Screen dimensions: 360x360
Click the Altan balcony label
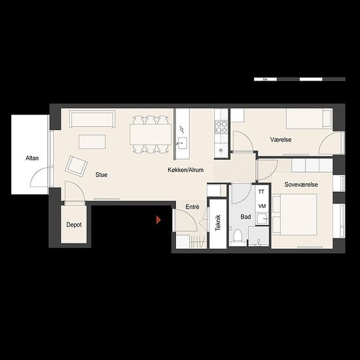click(x=32, y=158)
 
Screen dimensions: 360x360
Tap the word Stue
click(x=101, y=175)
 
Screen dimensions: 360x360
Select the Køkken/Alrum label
click(x=185, y=170)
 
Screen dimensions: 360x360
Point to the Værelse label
click(x=281, y=139)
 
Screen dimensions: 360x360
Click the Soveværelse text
click(x=301, y=185)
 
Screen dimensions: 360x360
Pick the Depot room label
click(x=74, y=225)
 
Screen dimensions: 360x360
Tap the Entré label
click(x=192, y=207)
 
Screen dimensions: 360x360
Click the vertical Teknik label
click(x=218, y=223)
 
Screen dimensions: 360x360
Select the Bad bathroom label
click(x=245, y=217)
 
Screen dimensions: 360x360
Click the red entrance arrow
click(x=158, y=220)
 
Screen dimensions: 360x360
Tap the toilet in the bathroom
click(x=238, y=235)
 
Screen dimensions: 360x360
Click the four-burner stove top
click(x=221, y=127)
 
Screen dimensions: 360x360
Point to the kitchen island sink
click(x=183, y=143)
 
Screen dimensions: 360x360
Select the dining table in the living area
click(x=151, y=134)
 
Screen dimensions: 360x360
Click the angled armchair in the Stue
click(x=77, y=166)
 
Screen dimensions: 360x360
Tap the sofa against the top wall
click(x=92, y=119)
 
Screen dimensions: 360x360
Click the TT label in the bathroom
click(x=261, y=192)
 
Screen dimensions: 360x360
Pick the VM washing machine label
click(x=262, y=206)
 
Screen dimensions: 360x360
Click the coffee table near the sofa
click(x=92, y=142)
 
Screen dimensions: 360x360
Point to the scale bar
click(x=300, y=79)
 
